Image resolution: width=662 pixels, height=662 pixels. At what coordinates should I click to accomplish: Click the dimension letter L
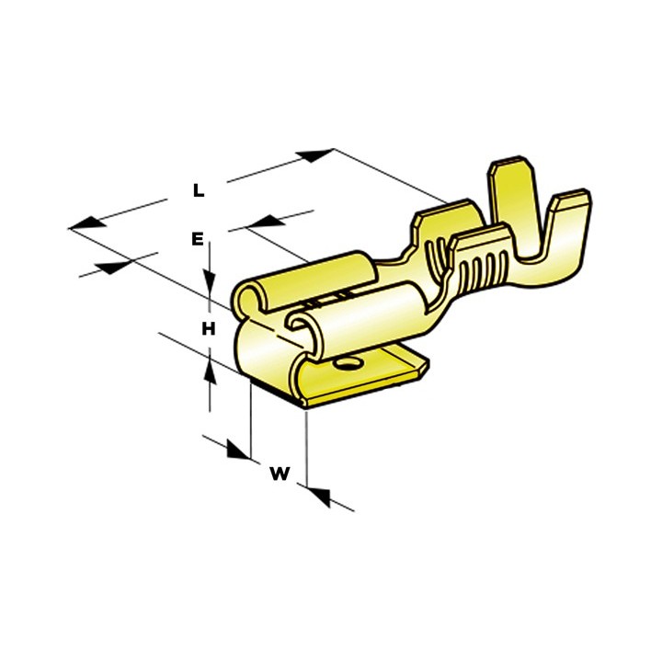(x=198, y=191)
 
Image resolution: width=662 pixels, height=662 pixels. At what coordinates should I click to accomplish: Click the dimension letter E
(x=197, y=239)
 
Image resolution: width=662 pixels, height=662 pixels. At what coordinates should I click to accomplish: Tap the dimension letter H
(x=209, y=329)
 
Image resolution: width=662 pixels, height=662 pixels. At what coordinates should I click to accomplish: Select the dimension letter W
(x=280, y=474)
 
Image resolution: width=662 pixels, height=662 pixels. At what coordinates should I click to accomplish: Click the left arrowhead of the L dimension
(x=85, y=223)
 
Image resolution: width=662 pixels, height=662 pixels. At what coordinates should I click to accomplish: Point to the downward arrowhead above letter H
(x=211, y=280)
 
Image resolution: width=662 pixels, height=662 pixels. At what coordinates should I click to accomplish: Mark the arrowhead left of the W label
(x=236, y=451)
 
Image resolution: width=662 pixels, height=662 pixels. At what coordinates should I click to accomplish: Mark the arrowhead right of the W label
(x=318, y=496)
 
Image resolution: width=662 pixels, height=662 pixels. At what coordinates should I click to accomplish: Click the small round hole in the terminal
(x=347, y=366)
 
